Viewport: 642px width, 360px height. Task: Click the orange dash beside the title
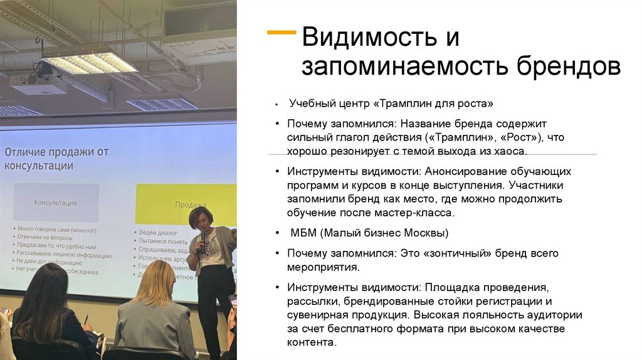click(282, 31)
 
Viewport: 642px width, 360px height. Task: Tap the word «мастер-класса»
click(418, 213)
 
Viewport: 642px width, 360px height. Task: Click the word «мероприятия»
click(322, 267)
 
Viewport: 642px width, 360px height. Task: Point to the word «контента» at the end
click(311, 343)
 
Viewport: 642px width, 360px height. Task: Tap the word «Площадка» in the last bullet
click(452, 288)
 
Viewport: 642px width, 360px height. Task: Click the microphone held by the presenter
click(203, 239)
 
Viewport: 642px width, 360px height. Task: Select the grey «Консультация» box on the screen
click(55, 203)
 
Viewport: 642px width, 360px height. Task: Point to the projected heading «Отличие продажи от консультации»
click(56, 159)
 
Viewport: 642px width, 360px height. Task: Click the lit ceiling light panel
click(88, 63)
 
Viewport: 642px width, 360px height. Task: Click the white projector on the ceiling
click(39, 82)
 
